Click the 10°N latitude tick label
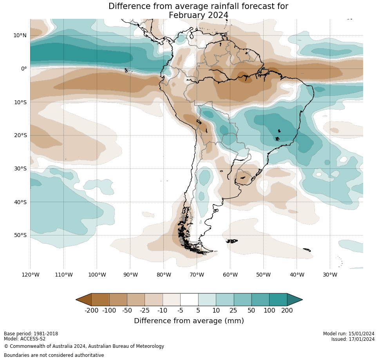pyautogui.click(x=20, y=35)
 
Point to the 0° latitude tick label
pyautogui.click(x=24, y=69)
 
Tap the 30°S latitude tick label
pyautogui.click(x=20, y=168)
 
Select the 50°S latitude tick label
pyautogui.click(x=20, y=235)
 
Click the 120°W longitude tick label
pyautogui.click(x=30, y=275)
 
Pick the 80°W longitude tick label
pyautogui.click(x=163, y=275)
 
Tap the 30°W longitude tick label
pyautogui.click(x=330, y=275)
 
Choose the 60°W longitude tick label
pyautogui.click(x=230, y=275)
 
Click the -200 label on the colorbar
pyautogui.click(x=91, y=311)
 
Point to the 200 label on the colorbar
pyautogui.click(x=287, y=311)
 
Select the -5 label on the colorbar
pyautogui.click(x=180, y=311)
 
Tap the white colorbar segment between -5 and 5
pyautogui.click(x=189, y=300)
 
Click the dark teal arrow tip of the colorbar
pyautogui.click(x=295, y=300)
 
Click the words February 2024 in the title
pyautogui.click(x=198, y=15)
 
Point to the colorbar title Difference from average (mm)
pyautogui.click(x=189, y=321)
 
